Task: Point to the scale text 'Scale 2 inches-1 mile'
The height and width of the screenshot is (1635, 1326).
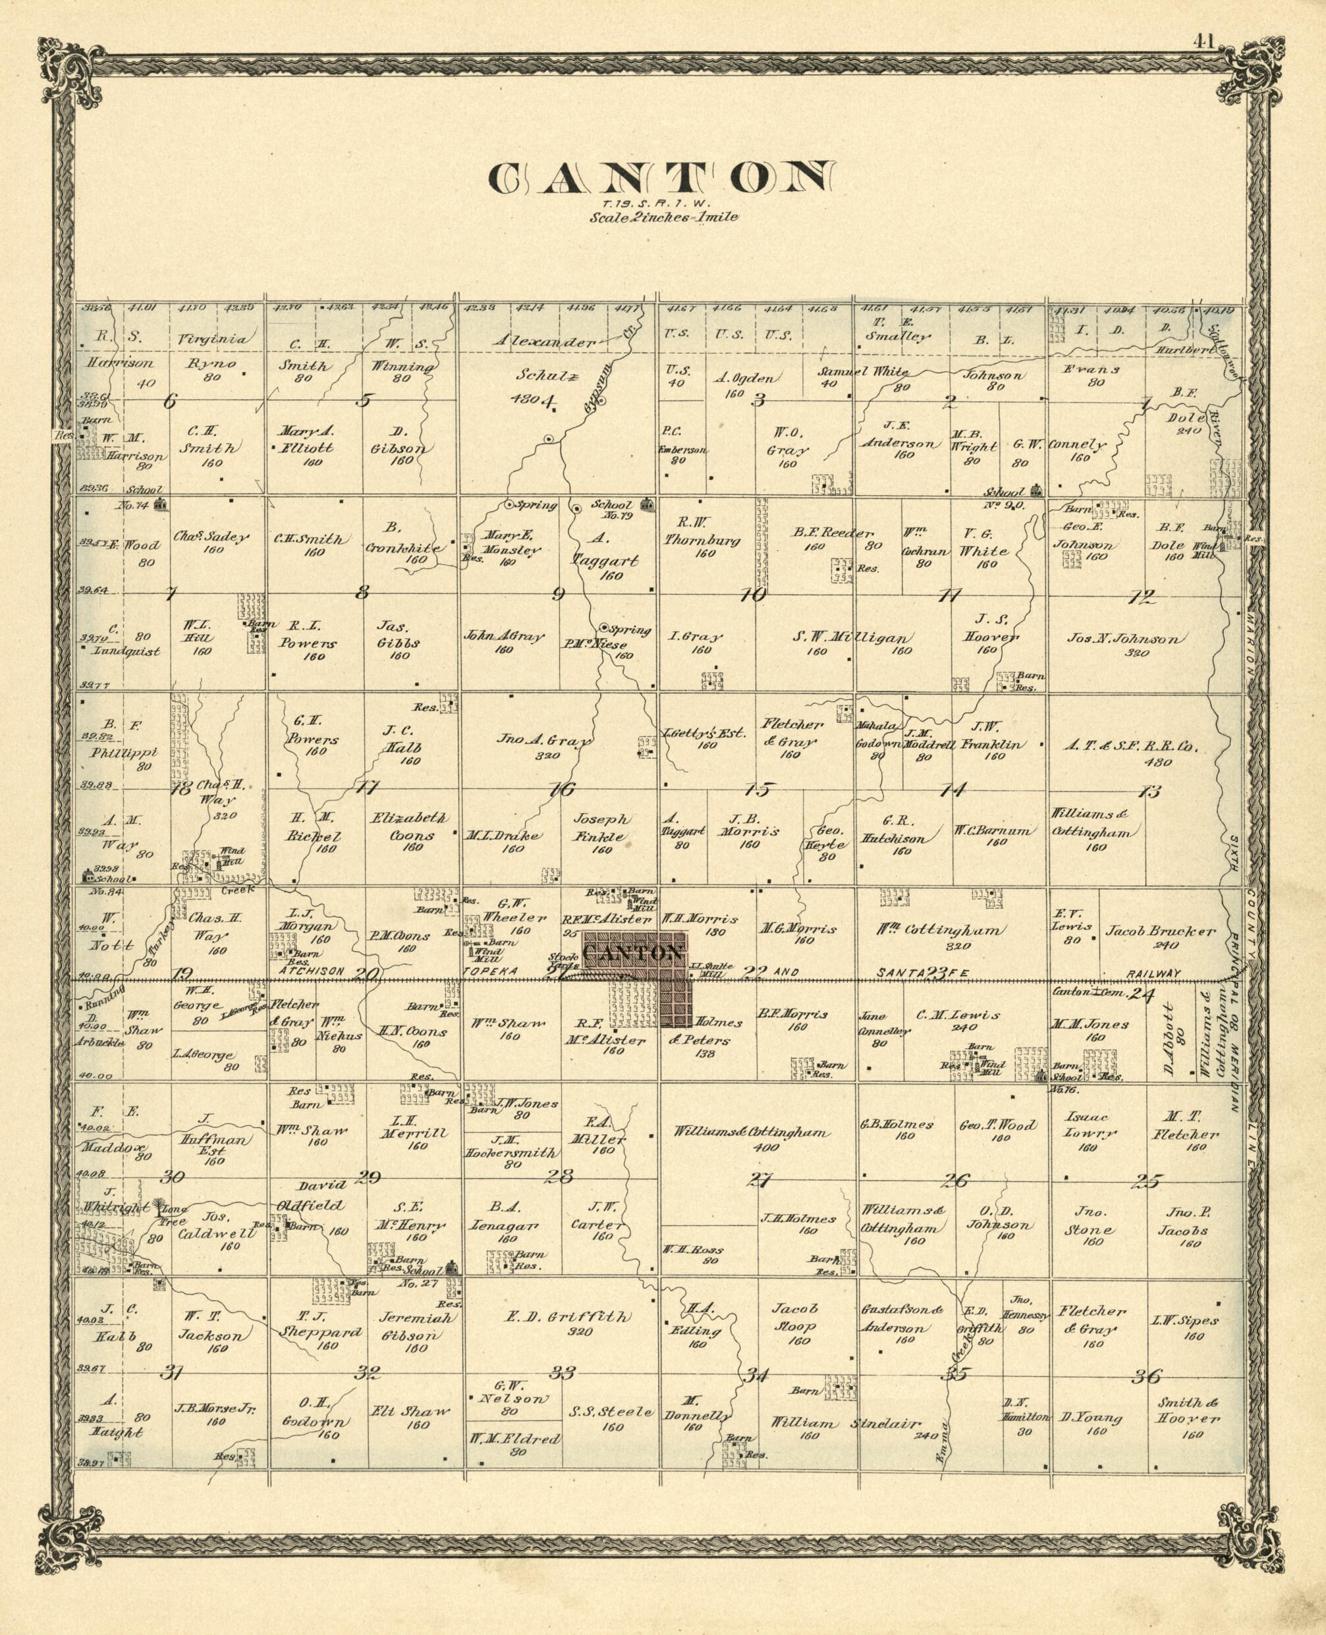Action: (x=663, y=217)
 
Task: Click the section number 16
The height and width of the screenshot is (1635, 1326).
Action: (x=563, y=790)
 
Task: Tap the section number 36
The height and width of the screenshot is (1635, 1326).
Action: (x=1147, y=1376)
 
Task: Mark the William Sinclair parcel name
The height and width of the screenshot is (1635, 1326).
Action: (x=846, y=1424)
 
